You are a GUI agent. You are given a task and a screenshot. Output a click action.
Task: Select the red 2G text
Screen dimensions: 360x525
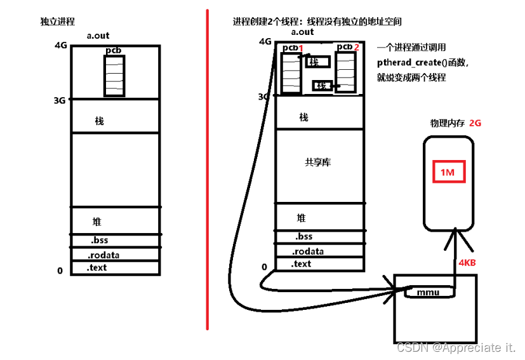pos(475,123)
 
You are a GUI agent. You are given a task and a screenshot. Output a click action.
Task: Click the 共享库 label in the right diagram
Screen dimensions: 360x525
pos(317,163)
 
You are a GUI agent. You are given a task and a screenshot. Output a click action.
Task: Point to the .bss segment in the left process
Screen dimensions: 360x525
pos(100,241)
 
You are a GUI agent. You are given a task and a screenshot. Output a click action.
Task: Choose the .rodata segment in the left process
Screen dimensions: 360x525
pos(104,255)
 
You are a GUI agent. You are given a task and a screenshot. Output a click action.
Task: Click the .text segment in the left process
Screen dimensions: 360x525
pos(98,267)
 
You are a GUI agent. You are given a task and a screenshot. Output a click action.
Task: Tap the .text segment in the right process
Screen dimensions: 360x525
pos(301,263)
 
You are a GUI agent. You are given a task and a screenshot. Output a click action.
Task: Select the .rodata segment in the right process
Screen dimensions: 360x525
pos(307,251)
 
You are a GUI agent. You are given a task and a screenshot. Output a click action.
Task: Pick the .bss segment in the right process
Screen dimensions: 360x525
pos(303,237)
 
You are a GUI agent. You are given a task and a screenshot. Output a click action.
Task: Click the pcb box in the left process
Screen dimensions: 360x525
pos(114,75)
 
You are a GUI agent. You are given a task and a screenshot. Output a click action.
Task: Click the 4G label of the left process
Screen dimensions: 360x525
pos(62,46)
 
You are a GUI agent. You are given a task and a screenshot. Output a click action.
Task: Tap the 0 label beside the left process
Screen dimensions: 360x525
pos(60,271)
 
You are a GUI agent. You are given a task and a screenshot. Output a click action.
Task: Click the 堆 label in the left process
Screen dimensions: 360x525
pos(97,222)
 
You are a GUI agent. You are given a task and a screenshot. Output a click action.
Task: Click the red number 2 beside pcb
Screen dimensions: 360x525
pos(357,48)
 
